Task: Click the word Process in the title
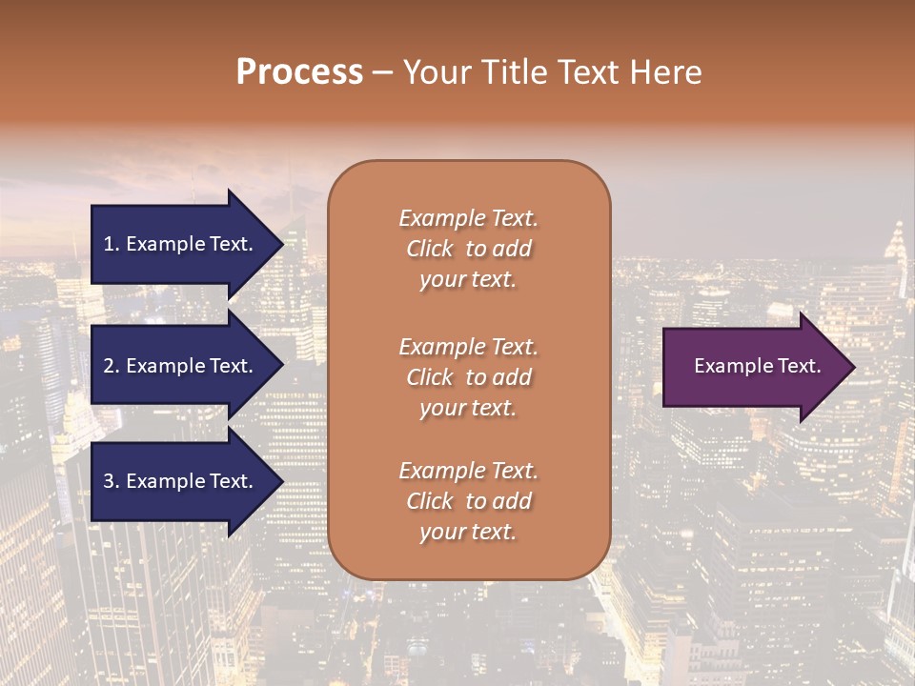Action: coord(299,72)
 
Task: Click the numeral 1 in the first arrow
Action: coord(109,244)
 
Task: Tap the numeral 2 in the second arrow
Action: coord(109,366)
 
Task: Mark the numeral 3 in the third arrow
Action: coord(109,481)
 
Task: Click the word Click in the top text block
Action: coord(429,249)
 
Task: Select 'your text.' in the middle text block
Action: coord(468,408)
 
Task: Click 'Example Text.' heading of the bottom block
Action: coord(468,471)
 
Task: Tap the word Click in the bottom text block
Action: coord(429,501)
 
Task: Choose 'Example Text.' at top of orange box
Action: coord(468,218)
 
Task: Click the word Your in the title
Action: coord(437,72)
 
